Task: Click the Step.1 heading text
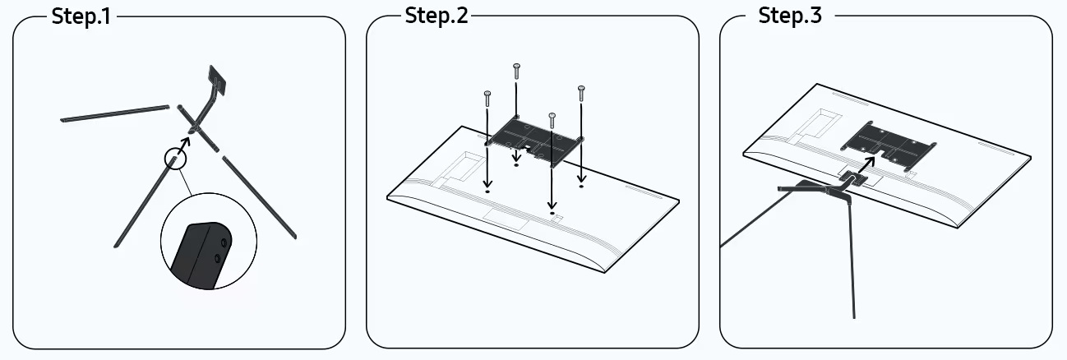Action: (x=81, y=16)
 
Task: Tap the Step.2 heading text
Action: (x=436, y=16)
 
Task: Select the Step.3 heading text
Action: (x=790, y=16)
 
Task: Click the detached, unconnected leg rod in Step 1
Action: (x=115, y=113)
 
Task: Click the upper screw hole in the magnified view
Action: (x=224, y=242)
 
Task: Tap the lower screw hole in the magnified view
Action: (x=217, y=259)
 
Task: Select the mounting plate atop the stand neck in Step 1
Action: (x=217, y=80)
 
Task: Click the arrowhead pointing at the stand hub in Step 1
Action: (x=185, y=141)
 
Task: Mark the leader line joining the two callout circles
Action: (x=185, y=182)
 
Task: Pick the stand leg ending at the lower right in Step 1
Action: (x=260, y=197)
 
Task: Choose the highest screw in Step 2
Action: (x=516, y=72)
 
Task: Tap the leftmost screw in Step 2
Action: (x=487, y=99)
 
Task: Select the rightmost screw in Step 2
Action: (x=581, y=94)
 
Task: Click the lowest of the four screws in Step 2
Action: (x=552, y=121)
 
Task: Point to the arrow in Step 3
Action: (x=866, y=165)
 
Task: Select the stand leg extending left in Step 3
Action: (x=757, y=215)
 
